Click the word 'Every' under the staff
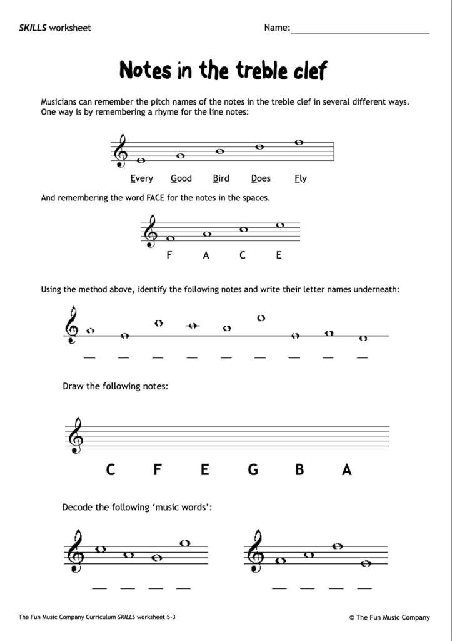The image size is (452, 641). pyautogui.click(x=142, y=178)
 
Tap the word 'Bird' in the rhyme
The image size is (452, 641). pyautogui.click(x=221, y=178)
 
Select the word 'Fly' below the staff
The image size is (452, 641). pyautogui.click(x=301, y=178)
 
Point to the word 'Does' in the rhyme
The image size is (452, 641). pyautogui.click(x=261, y=178)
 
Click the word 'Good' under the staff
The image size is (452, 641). pyautogui.click(x=181, y=178)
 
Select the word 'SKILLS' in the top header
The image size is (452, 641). pyautogui.click(x=33, y=28)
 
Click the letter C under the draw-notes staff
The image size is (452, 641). pyautogui.click(x=111, y=469)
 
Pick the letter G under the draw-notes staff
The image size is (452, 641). pyautogui.click(x=253, y=469)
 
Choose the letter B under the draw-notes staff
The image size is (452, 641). pyautogui.click(x=300, y=469)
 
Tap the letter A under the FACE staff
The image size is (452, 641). pyautogui.click(x=206, y=255)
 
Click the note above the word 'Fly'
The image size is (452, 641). pyautogui.click(x=299, y=143)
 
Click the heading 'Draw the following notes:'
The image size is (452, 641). pyautogui.click(x=115, y=386)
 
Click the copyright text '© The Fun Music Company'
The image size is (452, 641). pyautogui.click(x=389, y=617)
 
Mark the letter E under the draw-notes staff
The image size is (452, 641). pyautogui.click(x=205, y=469)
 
